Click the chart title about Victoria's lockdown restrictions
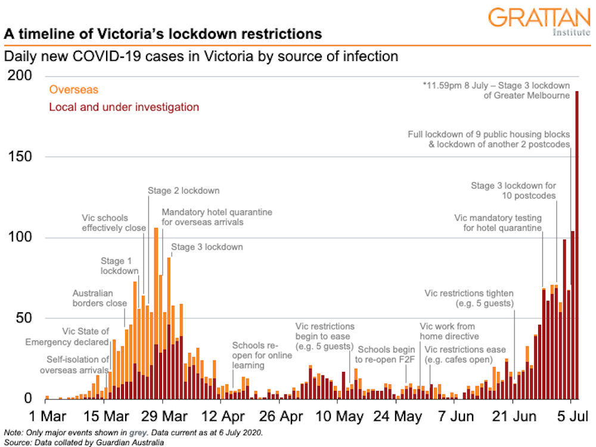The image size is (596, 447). pos(163,34)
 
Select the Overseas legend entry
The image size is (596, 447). pos(73,90)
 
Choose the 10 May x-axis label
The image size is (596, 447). pos(337,416)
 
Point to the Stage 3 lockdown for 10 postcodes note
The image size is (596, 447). pos(513,191)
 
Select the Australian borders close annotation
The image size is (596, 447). pos(100,298)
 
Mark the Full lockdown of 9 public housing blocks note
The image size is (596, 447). pos(489,139)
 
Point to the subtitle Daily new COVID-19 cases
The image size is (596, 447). pos(201,57)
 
